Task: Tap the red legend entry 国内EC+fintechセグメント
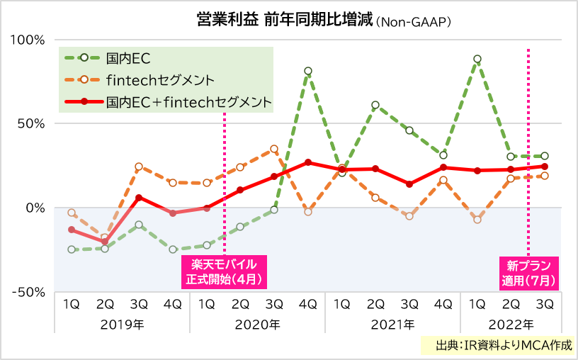[188, 102]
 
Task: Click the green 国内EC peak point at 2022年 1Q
[477, 59]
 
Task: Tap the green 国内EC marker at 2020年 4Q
[308, 71]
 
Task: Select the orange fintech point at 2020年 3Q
[274, 150]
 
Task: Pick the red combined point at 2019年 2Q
[105, 242]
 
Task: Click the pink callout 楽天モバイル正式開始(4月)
[225, 271]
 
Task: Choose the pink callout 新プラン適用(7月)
[528, 271]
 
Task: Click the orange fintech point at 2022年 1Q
[477, 220]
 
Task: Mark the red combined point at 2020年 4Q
[308, 162]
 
